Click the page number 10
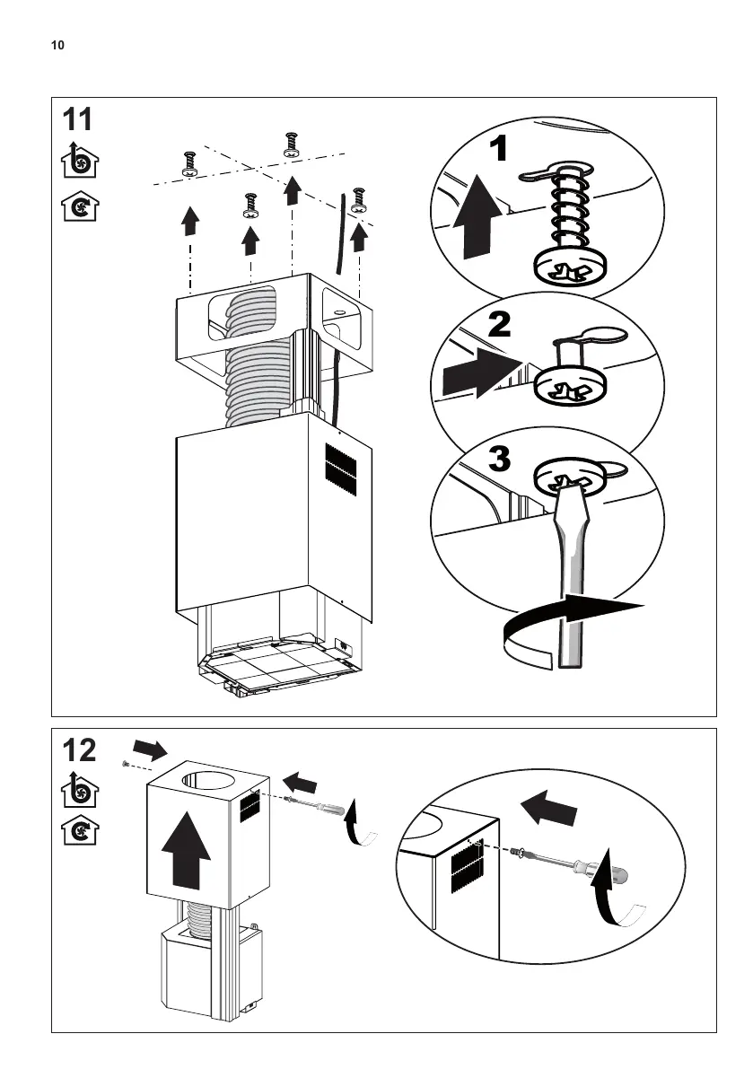click(57, 45)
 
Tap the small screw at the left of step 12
click(126, 763)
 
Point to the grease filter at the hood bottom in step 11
click(278, 665)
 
